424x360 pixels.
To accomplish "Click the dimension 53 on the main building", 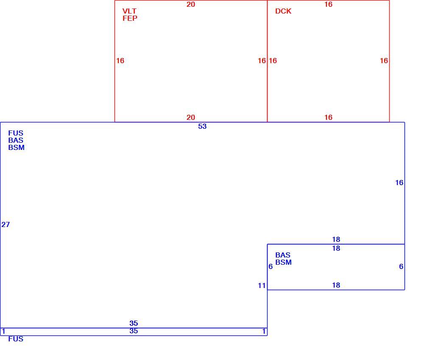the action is pos(202,126).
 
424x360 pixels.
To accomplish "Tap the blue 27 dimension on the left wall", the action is pos(6,224).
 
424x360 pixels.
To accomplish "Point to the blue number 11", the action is pos(262,285).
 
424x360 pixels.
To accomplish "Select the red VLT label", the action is pos(129,11).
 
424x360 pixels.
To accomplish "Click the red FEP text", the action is pos(130,18).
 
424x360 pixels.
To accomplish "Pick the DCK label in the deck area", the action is pos(283,11).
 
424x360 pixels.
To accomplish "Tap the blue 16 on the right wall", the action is pos(399,183).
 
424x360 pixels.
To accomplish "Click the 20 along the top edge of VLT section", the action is pos(191,4).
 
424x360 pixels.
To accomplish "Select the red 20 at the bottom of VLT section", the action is pos(191,117).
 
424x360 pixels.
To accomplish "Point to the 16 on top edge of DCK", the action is pos(328,4).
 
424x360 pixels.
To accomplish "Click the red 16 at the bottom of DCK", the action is pos(328,117).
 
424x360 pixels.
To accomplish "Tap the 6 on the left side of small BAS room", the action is pos(271,266).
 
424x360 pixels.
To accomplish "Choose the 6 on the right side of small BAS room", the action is pos(401,266).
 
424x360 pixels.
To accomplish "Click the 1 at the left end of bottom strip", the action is pos(3,331).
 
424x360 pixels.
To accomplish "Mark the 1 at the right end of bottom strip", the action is pos(264,331).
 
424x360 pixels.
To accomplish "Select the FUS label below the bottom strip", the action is pos(16,339).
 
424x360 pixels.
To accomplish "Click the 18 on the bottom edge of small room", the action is pos(336,285).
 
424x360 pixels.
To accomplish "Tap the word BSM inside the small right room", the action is pos(283,262).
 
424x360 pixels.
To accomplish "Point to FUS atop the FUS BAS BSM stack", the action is pos(16,133).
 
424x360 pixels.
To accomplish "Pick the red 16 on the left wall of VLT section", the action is pos(120,61).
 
